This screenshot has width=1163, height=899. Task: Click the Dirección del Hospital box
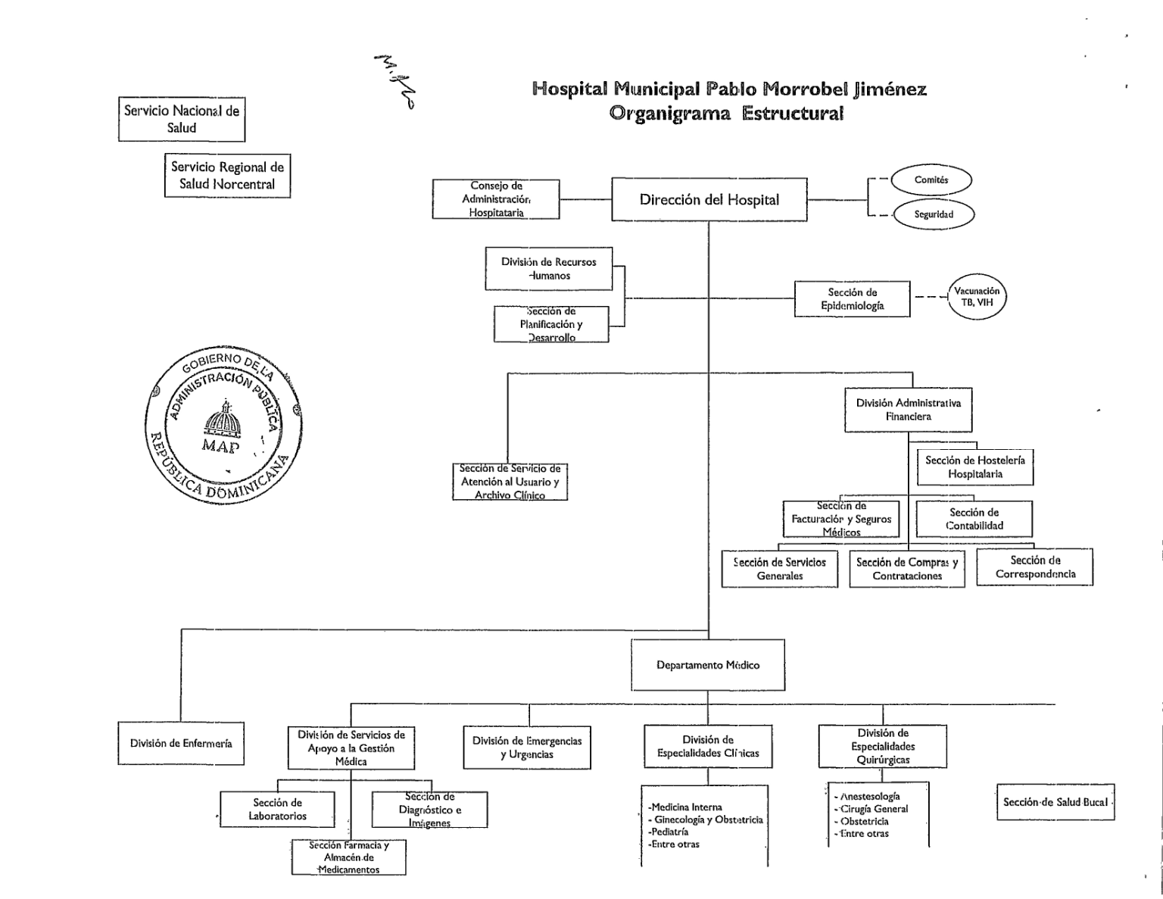coord(709,200)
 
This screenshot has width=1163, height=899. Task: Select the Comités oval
coord(931,180)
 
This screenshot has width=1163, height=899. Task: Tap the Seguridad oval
coord(933,214)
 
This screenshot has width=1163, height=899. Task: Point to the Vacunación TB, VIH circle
coord(977,297)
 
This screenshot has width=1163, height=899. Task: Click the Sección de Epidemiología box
coord(852,299)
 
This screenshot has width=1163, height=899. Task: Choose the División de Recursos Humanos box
coord(548,269)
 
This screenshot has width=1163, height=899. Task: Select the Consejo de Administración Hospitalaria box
coord(496,199)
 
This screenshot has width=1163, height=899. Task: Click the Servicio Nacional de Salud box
coord(182,119)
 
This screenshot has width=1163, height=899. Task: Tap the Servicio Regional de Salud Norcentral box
coord(227,176)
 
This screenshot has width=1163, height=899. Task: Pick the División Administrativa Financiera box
coord(908,410)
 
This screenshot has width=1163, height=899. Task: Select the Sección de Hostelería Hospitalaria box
coord(974,467)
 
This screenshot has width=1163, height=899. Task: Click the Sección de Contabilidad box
coord(974,519)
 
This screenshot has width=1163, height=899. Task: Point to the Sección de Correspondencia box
coord(1034,567)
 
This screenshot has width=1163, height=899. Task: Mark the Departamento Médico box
coord(708,665)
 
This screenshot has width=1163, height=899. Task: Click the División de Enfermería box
coord(181,744)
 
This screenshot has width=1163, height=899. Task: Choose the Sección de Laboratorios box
coord(277,809)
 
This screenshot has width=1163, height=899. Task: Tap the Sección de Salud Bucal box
coord(1055,802)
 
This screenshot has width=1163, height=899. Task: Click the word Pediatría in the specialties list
coord(669,832)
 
